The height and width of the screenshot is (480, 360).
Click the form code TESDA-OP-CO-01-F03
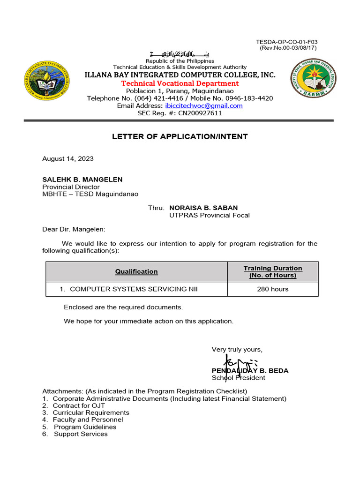pyautogui.click(x=287, y=42)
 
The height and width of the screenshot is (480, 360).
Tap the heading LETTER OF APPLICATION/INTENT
pyautogui.click(x=180, y=137)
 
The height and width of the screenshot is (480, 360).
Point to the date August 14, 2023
pyautogui.click(x=68, y=159)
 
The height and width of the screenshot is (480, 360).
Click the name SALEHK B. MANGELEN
pyautogui.click(x=82, y=180)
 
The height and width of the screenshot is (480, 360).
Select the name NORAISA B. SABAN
pyautogui.click(x=203, y=208)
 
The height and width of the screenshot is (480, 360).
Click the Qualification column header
pyautogui.click(x=136, y=271)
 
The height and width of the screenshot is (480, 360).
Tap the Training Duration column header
pyautogui.click(x=273, y=271)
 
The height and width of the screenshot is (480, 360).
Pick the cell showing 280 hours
pyautogui.click(x=273, y=289)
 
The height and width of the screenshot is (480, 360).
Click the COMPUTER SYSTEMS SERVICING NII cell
pyautogui.click(x=134, y=289)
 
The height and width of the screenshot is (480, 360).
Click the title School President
pyautogui.click(x=238, y=378)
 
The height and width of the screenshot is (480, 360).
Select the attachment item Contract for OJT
pyautogui.click(x=79, y=405)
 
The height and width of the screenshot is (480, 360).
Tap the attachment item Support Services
pyautogui.click(x=81, y=434)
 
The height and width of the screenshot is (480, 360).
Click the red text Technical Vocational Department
pyautogui.click(x=180, y=83)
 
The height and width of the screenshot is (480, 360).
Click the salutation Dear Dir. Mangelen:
pyautogui.click(x=74, y=229)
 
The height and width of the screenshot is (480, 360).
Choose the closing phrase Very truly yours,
pyautogui.click(x=237, y=350)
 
